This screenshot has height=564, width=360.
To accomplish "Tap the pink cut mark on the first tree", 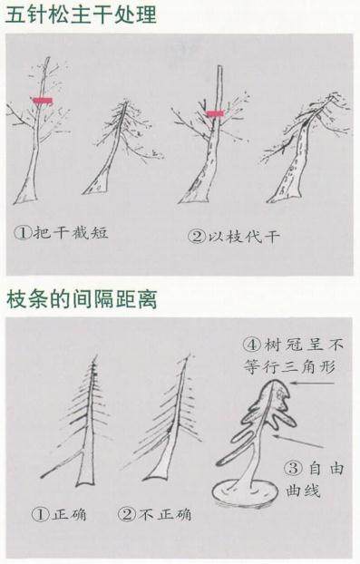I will point(42,101).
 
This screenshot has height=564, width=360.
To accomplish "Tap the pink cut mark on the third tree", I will point(214,114).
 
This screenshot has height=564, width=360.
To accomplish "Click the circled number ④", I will point(252,345).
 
